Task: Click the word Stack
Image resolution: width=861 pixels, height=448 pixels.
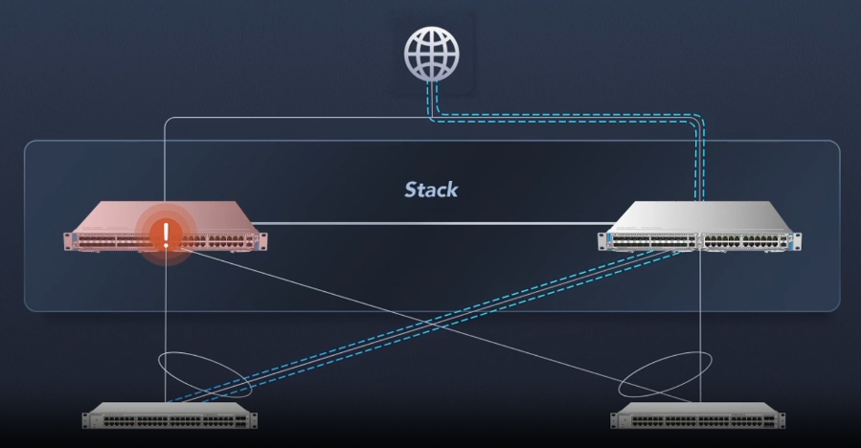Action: coord(430,189)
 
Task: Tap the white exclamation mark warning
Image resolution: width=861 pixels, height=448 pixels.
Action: coord(166,234)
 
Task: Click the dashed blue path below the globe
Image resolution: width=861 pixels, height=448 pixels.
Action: coord(575,120)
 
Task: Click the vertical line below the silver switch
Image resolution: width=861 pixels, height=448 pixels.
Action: coord(702,316)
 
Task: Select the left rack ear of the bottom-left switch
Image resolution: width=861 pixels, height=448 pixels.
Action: coord(84,418)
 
